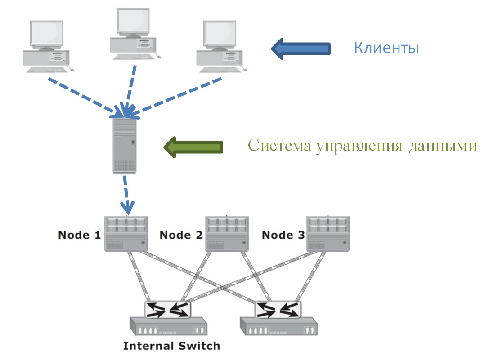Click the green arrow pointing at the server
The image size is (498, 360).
pyautogui.click(x=193, y=147)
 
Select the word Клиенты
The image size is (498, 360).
pyautogui.click(x=386, y=48)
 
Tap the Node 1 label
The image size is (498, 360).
pyautogui.click(x=79, y=235)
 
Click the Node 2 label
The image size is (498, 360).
pyautogui.click(x=181, y=235)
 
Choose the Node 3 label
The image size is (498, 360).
pyautogui.click(x=283, y=235)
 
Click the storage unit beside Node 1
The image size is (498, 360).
pyautogui.click(x=126, y=233)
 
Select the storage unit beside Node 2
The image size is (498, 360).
pyautogui.click(x=228, y=233)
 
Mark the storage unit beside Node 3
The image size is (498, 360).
pyautogui.click(x=328, y=233)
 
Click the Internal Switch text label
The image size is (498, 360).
pyautogui.click(x=171, y=346)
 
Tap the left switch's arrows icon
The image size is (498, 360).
pyautogui.click(x=167, y=309)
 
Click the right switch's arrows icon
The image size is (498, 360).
pyautogui.click(x=278, y=309)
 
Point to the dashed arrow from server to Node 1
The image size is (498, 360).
pyautogui.click(x=127, y=193)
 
